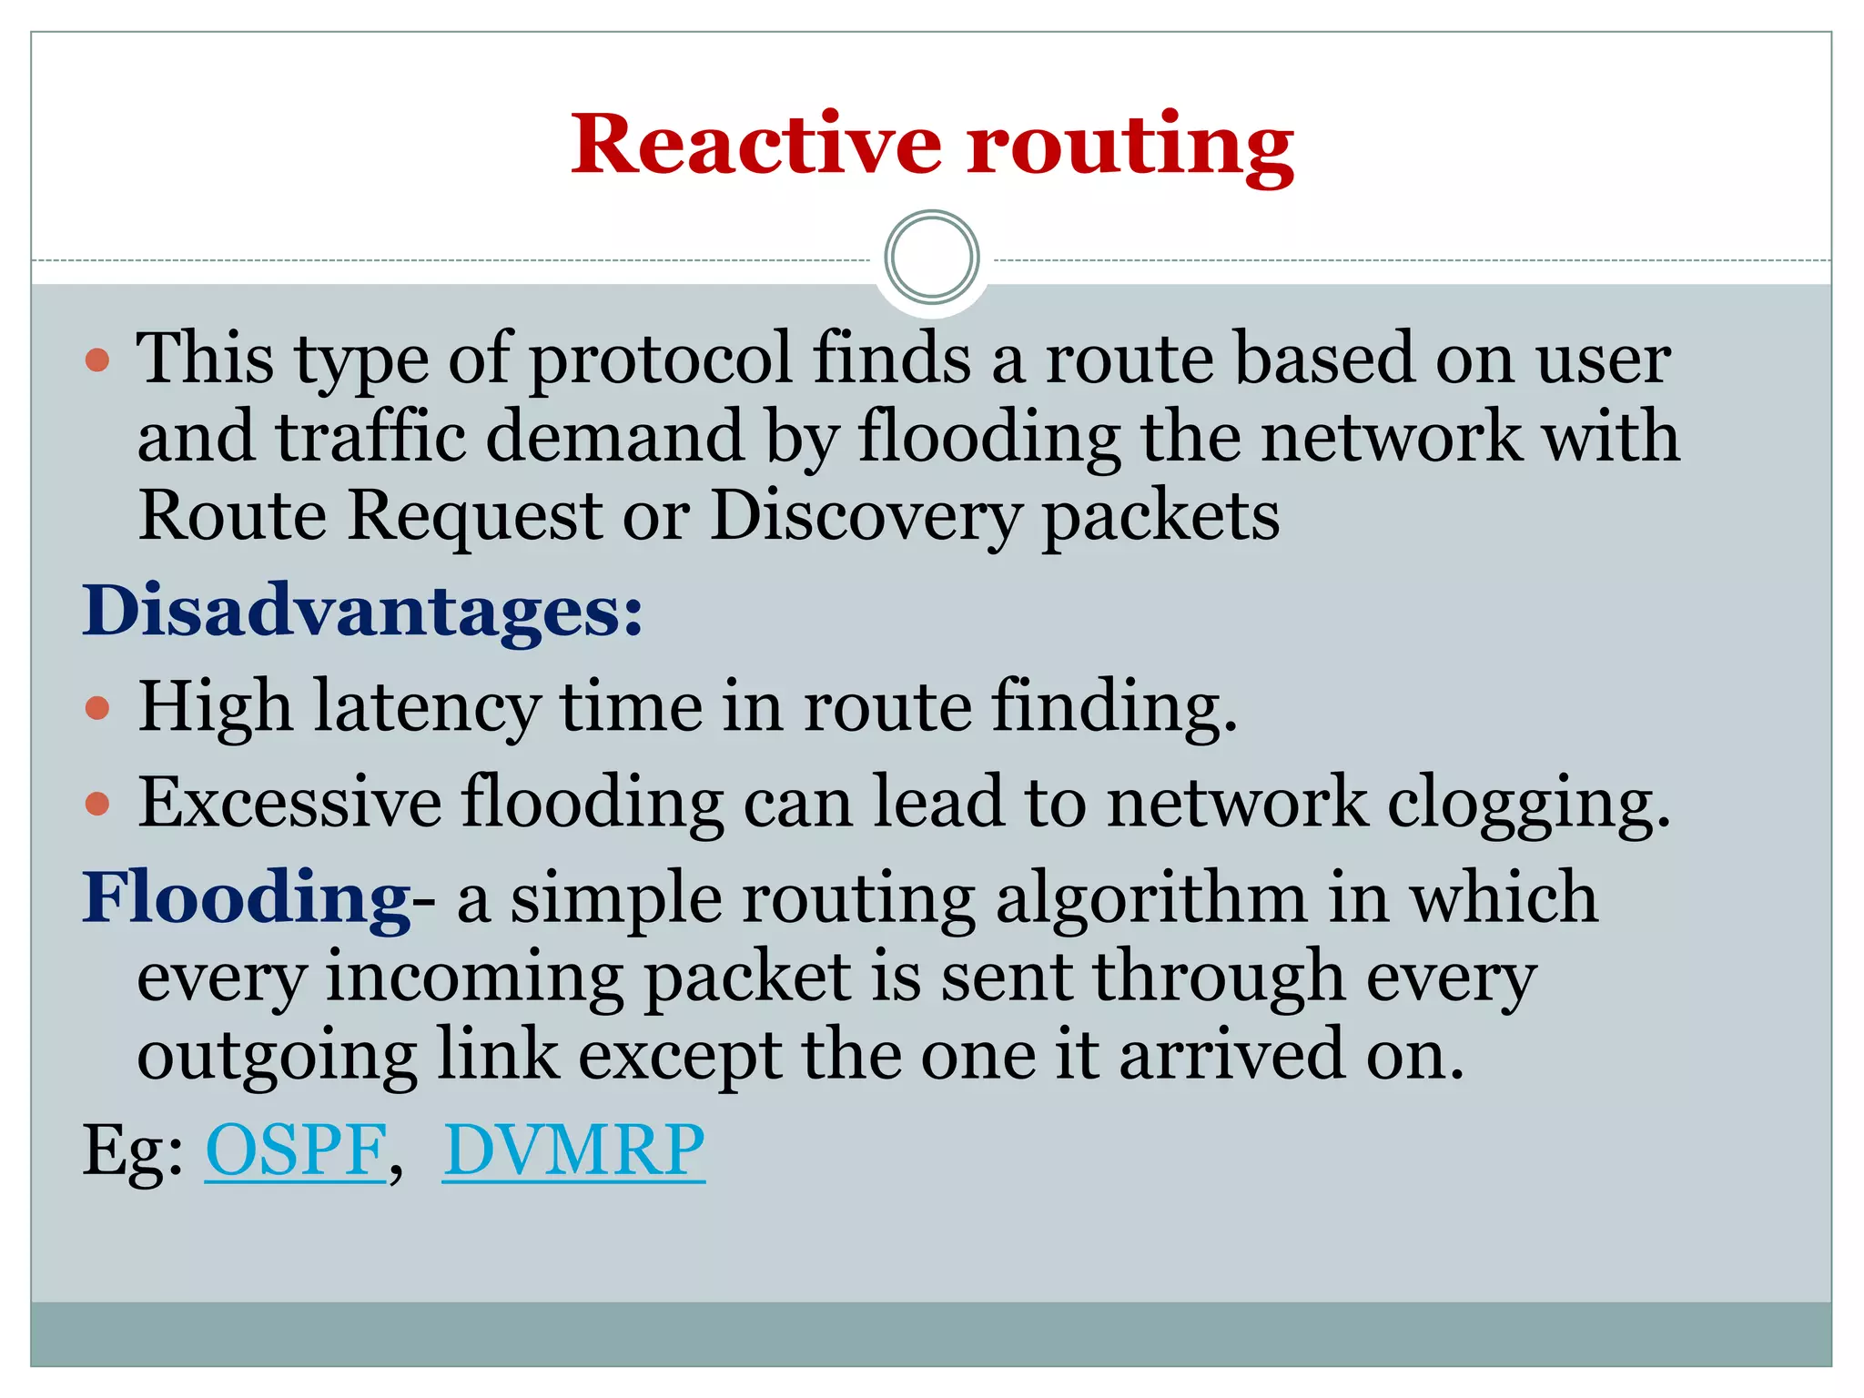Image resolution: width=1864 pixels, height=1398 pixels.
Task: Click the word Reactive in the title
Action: tap(755, 145)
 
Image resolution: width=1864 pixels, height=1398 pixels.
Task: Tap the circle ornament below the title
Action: tap(931, 258)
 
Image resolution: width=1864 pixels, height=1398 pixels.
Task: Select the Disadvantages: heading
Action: tap(362, 611)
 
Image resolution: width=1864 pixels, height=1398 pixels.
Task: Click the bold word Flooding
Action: tap(247, 898)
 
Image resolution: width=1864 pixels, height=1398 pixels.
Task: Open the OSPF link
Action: tap(296, 1151)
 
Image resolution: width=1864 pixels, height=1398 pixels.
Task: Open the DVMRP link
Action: tap(573, 1151)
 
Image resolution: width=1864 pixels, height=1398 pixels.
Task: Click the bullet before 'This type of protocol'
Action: tap(97, 360)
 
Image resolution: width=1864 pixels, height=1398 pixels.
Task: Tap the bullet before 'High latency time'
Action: tap(97, 708)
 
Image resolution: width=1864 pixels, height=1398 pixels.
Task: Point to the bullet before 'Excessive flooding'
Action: tap(97, 804)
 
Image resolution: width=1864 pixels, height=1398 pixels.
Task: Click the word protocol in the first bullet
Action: tap(660, 360)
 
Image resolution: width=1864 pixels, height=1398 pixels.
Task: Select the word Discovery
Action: tap(865, 517)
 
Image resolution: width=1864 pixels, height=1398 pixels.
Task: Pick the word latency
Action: tap(427, 708)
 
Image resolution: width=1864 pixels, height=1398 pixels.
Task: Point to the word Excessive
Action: tap(289, 803)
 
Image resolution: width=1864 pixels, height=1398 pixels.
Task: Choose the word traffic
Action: tap(370, 437)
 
